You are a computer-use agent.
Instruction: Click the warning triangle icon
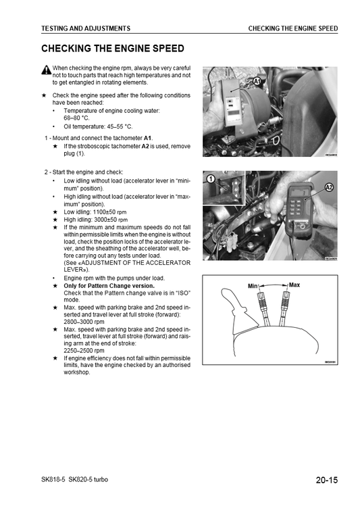47,70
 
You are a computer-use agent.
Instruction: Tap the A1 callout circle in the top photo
257,81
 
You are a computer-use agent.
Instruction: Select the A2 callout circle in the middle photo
329,187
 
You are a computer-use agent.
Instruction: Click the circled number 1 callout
211,179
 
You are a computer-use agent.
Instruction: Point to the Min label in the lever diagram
253,286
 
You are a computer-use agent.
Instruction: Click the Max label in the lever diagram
294,285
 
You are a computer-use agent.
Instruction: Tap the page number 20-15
327,480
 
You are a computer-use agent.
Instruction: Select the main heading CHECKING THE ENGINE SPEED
113,49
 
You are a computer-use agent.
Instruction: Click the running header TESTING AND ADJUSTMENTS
86,28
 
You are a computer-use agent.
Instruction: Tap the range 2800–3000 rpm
84,322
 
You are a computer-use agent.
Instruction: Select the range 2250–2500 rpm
84,351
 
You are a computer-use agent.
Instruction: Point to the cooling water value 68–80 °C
76,118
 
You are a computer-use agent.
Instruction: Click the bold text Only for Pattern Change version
109,286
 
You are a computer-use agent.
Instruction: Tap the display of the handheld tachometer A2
299,193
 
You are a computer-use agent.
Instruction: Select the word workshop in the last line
76,372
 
